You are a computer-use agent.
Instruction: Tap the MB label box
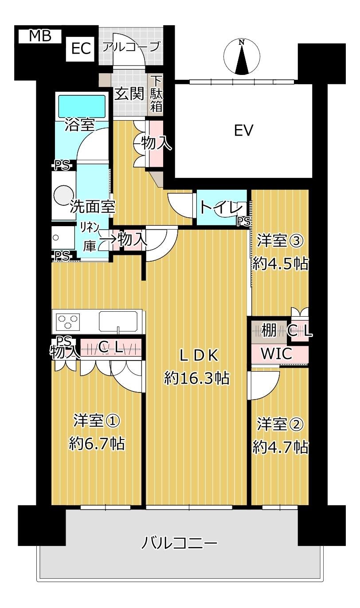(39, 36)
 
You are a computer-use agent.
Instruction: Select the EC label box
(81, 49)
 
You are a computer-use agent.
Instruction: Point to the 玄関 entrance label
(129, 94)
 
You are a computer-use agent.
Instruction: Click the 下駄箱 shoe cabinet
(156, 94)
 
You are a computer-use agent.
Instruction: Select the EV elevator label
(243, 130)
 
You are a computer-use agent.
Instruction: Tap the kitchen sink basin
(118, 321)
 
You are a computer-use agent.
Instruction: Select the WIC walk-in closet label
(276, 354)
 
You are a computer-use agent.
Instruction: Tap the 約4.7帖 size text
(280, 447)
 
